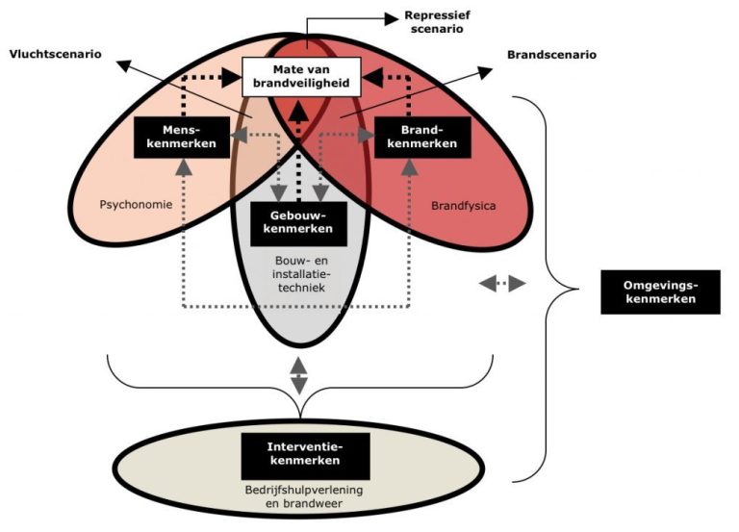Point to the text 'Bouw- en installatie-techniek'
pyautogui.click(x=300, y=274)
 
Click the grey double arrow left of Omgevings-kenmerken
pyautogui.click(x=502, y=284)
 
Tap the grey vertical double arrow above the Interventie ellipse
pyautogui.click(x=299, y=374)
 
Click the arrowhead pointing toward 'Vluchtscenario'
pyautogui.click(x=124, y=63)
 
